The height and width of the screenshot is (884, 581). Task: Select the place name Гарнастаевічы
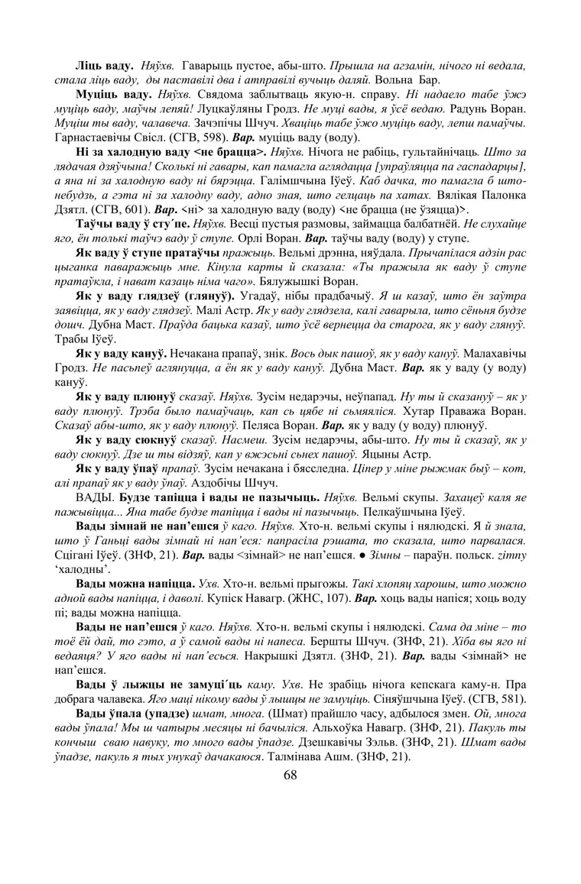tap(99, 138)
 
